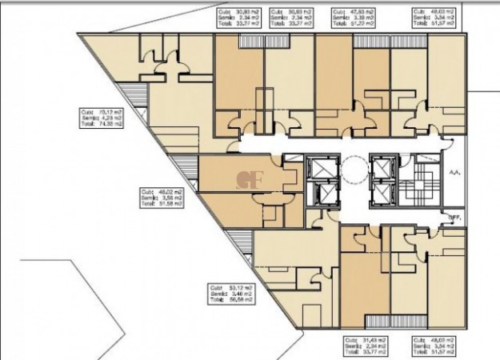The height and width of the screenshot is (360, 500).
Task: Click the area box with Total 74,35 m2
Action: click(101, 118)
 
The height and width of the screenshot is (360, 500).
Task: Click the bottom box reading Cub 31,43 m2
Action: click(364, 345)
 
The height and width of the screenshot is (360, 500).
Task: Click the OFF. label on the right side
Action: click(454, 216)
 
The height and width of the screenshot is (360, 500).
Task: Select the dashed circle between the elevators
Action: click(352, 170)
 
